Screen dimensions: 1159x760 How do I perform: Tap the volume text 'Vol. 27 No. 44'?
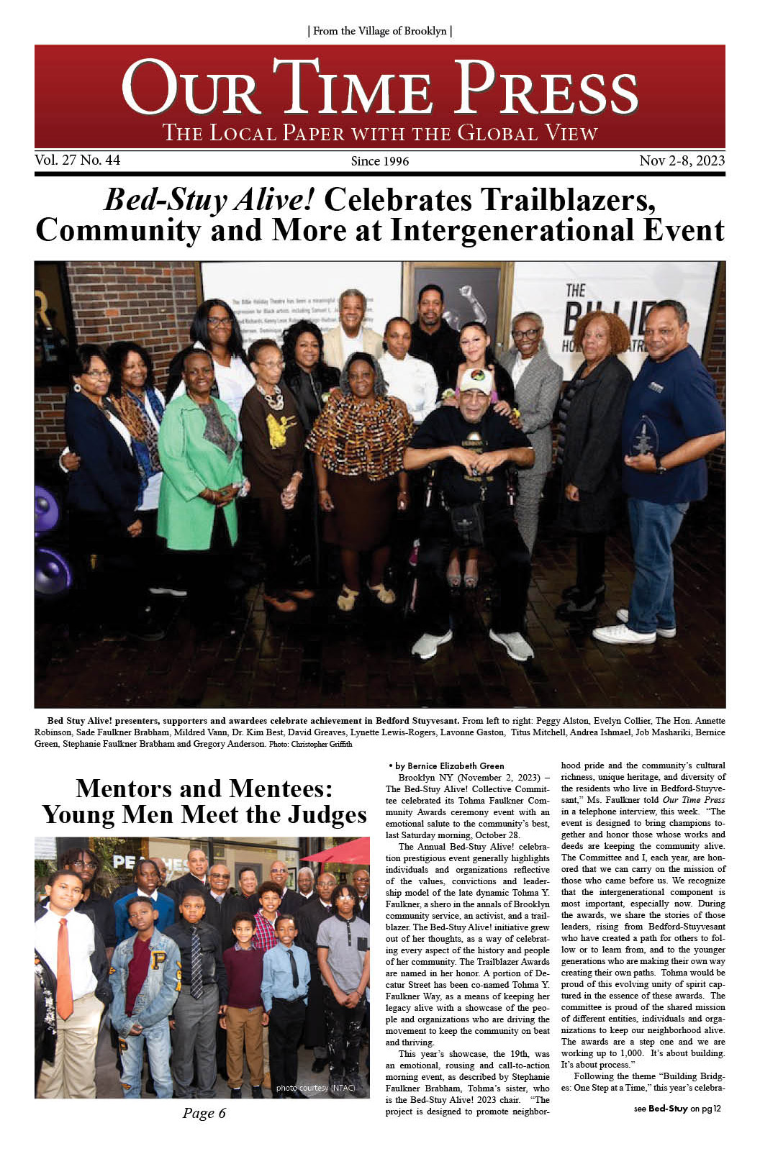(x=78, y=160)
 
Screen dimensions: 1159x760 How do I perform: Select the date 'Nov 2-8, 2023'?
(x=682, y=160)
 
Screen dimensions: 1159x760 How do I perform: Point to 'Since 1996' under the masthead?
(x=379, y=161)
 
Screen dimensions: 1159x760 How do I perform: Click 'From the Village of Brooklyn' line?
(x=379, y=31)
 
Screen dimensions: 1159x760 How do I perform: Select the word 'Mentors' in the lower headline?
(x=124, y=788)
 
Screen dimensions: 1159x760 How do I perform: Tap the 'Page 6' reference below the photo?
(x=204, y=1113)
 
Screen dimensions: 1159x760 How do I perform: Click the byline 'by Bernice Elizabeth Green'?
(x=446, y=765)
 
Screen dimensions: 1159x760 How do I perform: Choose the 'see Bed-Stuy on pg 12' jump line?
(x=677, y=1109)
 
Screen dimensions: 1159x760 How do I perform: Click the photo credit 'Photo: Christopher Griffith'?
(x=311, y=744)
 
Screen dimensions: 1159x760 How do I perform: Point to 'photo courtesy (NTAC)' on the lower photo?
(x=315, y=1088)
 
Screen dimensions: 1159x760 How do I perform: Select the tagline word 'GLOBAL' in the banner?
(x=498, y=133)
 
